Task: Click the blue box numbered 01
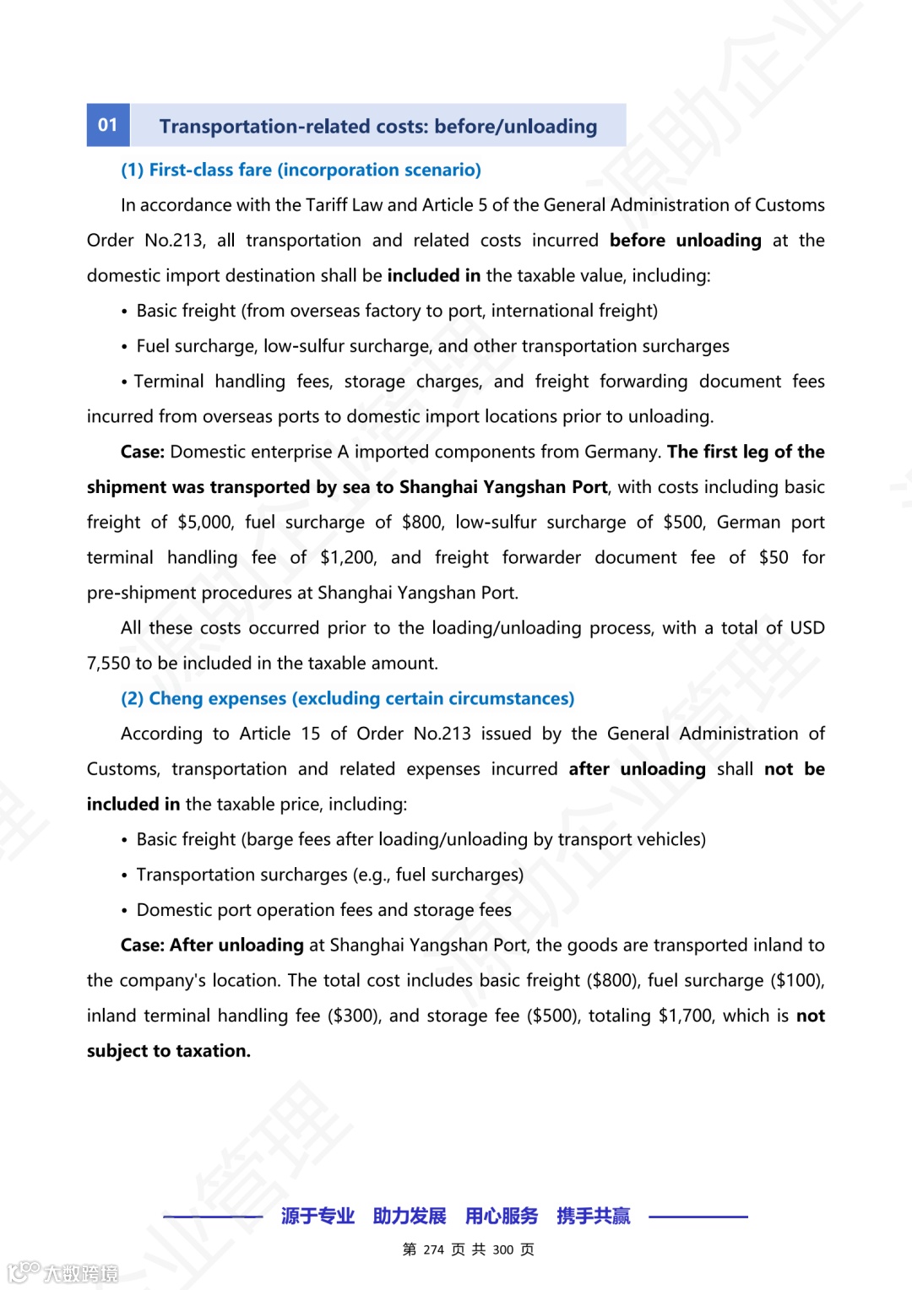click(108, 125)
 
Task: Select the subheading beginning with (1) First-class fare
click(301, 170)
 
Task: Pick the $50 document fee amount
click(774, 558)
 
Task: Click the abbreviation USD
click(807, 628)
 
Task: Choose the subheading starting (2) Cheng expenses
click(347, 699)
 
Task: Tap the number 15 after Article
click(311, 734)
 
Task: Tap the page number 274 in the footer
click(434, 1250)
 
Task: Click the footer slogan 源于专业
click(318, 1217)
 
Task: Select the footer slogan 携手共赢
click(594, 1217)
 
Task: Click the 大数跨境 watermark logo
click(62, 1272)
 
